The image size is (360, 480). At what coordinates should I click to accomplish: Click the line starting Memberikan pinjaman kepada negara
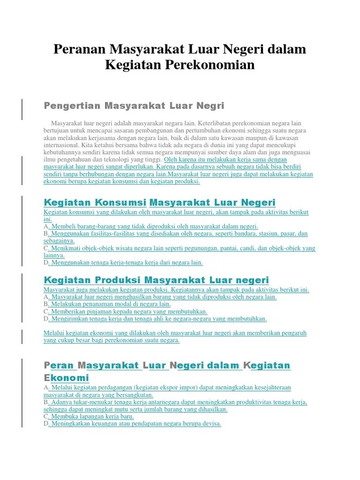(128, 311)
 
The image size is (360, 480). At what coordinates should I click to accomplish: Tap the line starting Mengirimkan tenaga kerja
(158, 319)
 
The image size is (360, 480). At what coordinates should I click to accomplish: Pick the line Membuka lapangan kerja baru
(92, 416)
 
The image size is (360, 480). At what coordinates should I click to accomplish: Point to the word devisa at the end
(210, 424)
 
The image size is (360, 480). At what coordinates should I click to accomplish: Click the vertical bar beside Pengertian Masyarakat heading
(22, 109)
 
